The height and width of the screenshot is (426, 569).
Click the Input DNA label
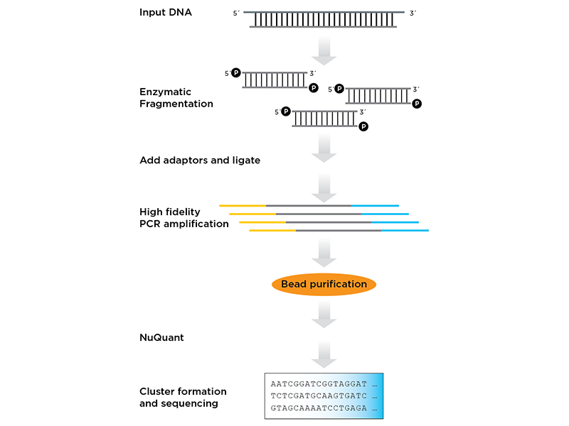tap(166, 12)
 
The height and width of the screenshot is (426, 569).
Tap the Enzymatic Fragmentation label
tap(176, 98)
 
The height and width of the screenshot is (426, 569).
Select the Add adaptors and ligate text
tap(200, 160)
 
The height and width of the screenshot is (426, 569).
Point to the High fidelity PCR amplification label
tap(184, 218)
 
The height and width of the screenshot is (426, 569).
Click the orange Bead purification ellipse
tap(324, 285)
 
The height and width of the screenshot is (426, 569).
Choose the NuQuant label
tap(161, 338)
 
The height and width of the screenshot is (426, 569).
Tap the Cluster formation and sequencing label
tap(183, 398)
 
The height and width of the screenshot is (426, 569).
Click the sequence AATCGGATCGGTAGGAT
tap(319, 384)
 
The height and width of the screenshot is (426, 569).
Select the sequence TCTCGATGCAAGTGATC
tap(319, 396)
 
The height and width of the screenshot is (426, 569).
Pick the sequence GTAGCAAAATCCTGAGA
tap(319, 408)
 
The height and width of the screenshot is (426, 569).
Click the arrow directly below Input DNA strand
tap(324, 50)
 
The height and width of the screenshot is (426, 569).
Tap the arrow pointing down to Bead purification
tap(324, 253)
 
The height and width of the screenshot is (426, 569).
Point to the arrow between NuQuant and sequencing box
tap(324, 354)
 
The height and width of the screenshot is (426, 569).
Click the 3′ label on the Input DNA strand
tap(413, 13)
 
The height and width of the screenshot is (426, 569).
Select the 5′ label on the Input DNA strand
tap(236, 13)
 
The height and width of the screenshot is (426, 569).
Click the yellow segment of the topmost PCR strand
tap(243, 206)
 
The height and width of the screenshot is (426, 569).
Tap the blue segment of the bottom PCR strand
tap(405, 230)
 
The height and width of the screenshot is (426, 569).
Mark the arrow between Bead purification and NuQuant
tap(324, 315)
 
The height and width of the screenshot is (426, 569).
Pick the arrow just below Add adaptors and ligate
tap(324, 187)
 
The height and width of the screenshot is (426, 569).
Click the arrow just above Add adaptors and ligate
tap(324, 148)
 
